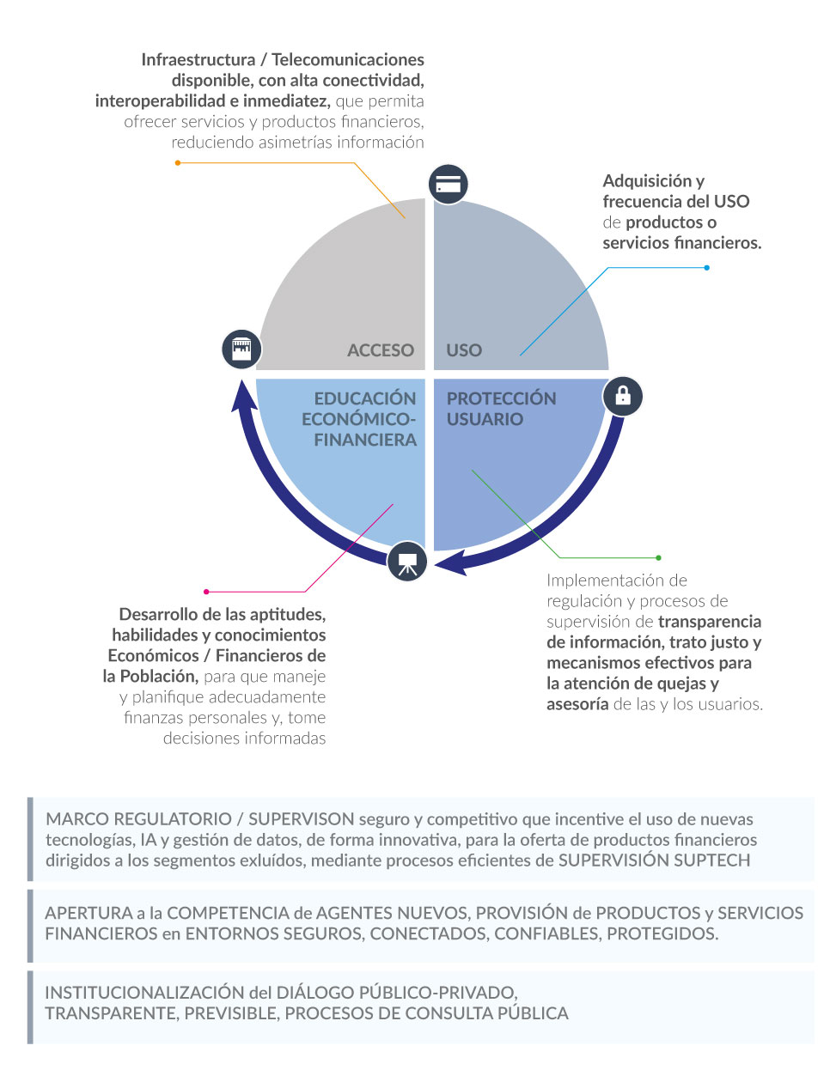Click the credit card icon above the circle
(448, 185)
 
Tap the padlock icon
(622, 397)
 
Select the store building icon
(241, 349)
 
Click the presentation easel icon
(407, 562)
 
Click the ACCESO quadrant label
(381, 350)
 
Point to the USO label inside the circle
(464, 350)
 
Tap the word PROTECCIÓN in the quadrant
(501, 398)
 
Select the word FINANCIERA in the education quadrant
(365, 440)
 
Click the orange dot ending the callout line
(178, 163)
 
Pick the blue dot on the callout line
(706, 268)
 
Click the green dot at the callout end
(659, 557)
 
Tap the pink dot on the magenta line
(206, 592)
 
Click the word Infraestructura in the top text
(198, 60)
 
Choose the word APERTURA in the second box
(88, 913)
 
